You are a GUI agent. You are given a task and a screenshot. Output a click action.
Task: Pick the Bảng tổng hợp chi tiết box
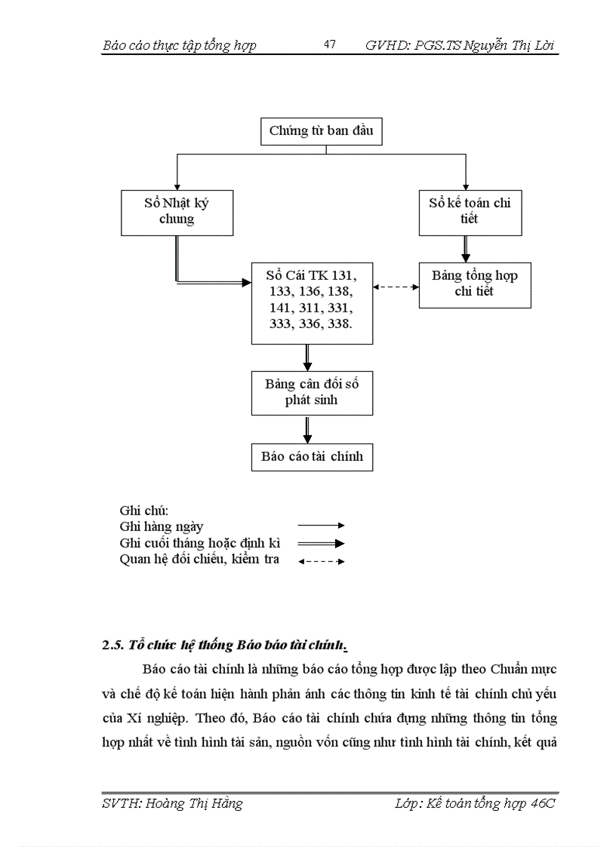point(474,284)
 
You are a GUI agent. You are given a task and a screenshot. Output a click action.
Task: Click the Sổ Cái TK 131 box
point(311,302)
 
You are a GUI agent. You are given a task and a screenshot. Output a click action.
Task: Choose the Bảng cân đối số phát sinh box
point(311,392)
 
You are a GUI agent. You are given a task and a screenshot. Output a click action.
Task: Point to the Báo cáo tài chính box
point(311,456)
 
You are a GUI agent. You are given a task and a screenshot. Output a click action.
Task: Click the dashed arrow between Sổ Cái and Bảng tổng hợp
point(396,287)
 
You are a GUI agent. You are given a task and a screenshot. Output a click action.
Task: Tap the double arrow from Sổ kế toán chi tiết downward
point(466,248)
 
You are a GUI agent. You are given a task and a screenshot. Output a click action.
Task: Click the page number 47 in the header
point(329,44)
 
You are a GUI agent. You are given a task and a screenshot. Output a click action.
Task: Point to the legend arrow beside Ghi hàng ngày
point(321,526)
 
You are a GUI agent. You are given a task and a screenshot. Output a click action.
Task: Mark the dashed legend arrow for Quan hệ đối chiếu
point(321,561)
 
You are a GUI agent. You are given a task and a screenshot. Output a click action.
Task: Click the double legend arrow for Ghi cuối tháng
point(321,543)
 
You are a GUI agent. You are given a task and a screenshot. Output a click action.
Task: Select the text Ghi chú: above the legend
point(143,511)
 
